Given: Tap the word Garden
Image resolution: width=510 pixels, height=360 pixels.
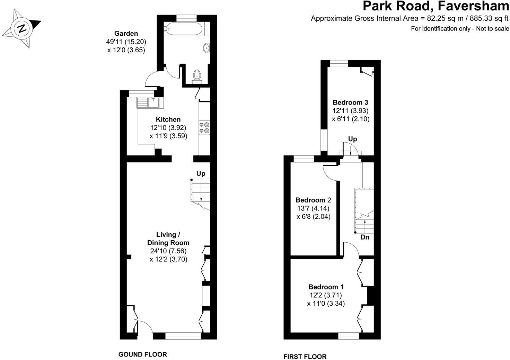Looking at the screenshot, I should pos(126,34).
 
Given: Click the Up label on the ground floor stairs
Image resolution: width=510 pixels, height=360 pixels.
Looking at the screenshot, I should pos(201,173).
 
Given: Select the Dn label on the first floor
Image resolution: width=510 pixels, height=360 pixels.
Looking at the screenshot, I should pos(365,237).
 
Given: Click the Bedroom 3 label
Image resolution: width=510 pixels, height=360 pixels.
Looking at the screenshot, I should pos(350,102).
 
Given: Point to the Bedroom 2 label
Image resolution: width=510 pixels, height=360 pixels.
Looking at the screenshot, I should pos(313,200).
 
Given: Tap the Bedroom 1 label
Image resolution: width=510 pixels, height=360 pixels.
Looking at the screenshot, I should pos(326,287).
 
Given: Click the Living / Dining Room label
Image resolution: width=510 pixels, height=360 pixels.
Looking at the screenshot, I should pos(168,238).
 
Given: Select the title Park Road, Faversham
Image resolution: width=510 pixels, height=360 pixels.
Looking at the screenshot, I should pos(436,6).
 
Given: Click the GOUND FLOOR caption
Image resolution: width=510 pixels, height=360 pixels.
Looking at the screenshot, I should pos(143,354).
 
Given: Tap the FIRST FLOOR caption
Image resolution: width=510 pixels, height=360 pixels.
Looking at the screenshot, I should pos(305,357).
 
